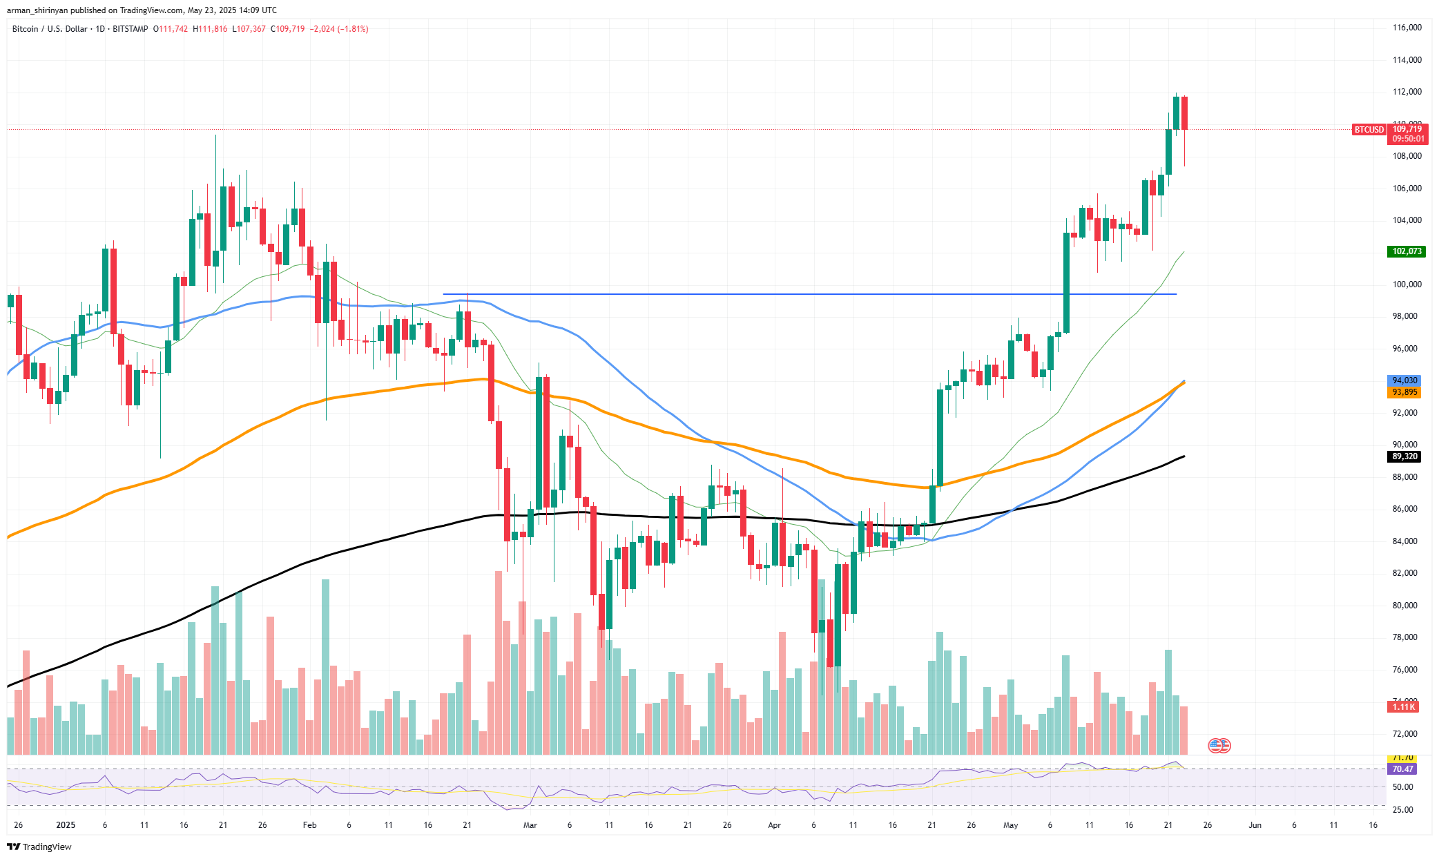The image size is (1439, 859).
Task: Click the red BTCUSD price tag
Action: coord(1369,130)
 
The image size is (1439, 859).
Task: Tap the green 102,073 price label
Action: coord(1407,251)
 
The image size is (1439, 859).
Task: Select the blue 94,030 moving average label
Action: coord(1404,380)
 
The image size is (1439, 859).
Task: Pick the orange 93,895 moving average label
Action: coord(1404,392)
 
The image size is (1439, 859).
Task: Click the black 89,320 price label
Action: coord(1404,456)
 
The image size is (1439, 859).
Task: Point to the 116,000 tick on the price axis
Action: coord(1407,28)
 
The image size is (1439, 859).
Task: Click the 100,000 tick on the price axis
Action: coord(1407,284)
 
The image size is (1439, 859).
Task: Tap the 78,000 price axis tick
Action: coord(1407,637)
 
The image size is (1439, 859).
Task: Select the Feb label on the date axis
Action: coord(309,825)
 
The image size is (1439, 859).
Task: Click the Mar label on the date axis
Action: coord(530,825)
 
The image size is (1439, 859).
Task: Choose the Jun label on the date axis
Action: coord(1255,825)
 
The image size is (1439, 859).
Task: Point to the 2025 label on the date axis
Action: coord(66,825)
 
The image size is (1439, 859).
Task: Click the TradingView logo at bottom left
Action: coord(39,847)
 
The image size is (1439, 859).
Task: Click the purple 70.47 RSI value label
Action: coord(1402,769)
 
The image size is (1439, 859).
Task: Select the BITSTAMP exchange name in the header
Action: coord(130,29)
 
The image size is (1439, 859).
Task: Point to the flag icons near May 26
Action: coord(1219,746)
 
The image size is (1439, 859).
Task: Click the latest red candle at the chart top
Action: coord(1184,113)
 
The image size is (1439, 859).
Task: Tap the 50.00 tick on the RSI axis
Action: coord(1402,787)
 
